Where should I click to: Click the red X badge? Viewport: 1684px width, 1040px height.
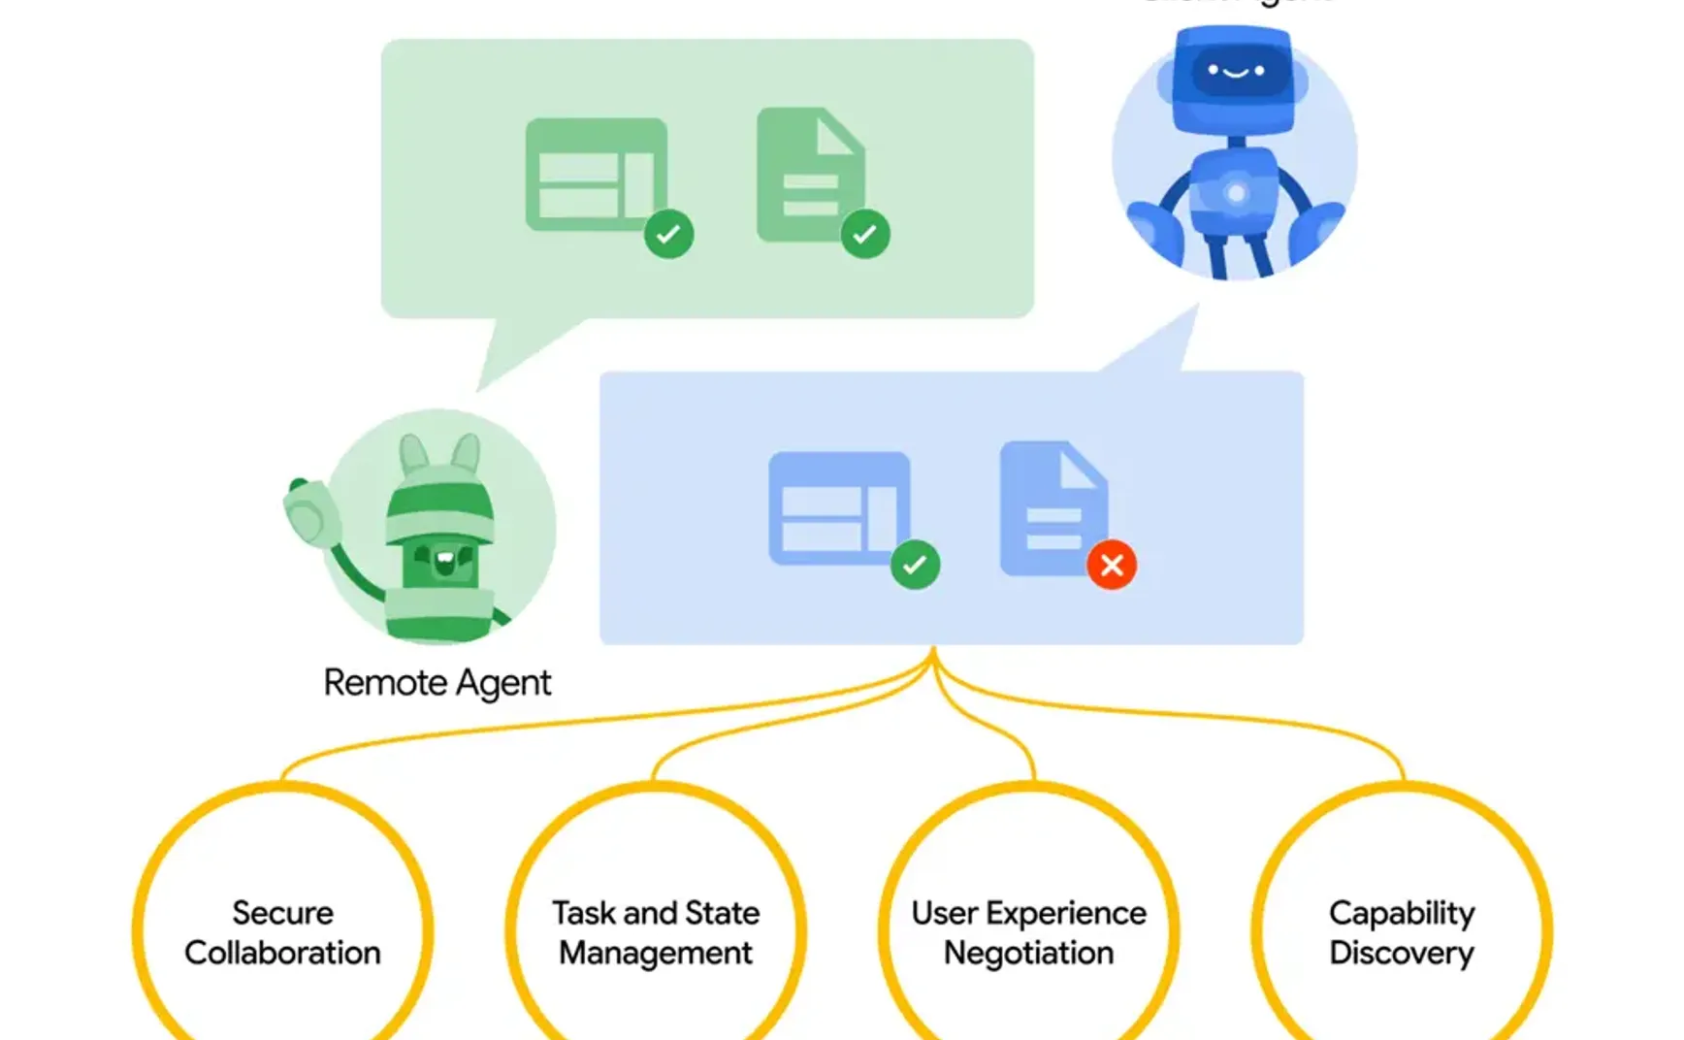point(1112,565)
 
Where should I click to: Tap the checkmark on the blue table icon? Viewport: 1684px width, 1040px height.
point(915,565)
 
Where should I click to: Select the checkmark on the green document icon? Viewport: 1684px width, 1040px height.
point(865,234)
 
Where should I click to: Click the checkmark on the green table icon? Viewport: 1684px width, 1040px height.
point(668,234)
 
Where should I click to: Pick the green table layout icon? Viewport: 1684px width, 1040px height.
point(596,175)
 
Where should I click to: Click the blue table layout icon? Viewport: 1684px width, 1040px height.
point(839,507)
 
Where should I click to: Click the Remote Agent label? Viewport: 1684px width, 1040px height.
point(437,683)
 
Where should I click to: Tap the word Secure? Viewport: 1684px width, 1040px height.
point(282,913)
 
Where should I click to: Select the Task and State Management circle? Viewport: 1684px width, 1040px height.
point(656,931)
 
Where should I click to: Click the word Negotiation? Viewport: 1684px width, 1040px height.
point(1028,953)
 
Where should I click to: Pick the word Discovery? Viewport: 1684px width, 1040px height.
point(1401,953)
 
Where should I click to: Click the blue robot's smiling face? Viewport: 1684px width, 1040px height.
point(1234,72)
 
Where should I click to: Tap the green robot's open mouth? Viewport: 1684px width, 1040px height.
point(444,560)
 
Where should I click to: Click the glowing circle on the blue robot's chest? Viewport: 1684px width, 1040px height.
point(1236,193)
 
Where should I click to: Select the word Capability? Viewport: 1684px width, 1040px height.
point(1401,913)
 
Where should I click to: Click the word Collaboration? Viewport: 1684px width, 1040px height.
point(282,953)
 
